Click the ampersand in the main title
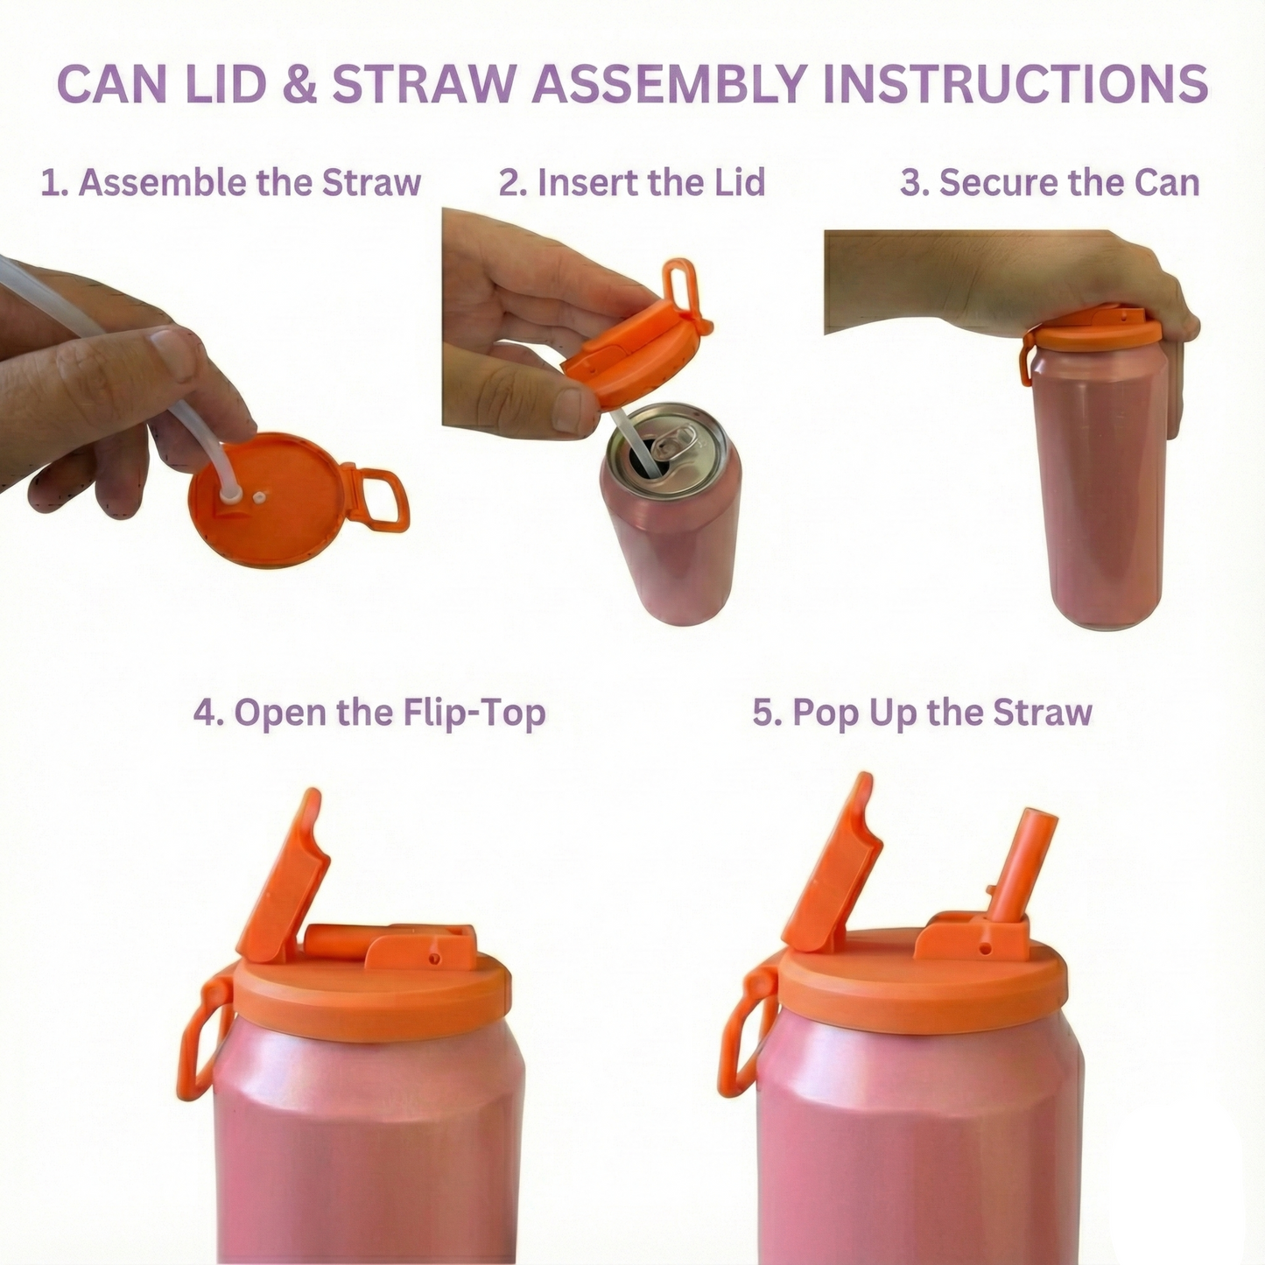click(x=301, y=84)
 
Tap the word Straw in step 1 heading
click(x=371, y=183)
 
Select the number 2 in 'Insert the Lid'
click(x=510, y=183)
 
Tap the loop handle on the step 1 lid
click(x=380, y=499)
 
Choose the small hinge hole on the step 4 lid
click(x=432, y=958)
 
